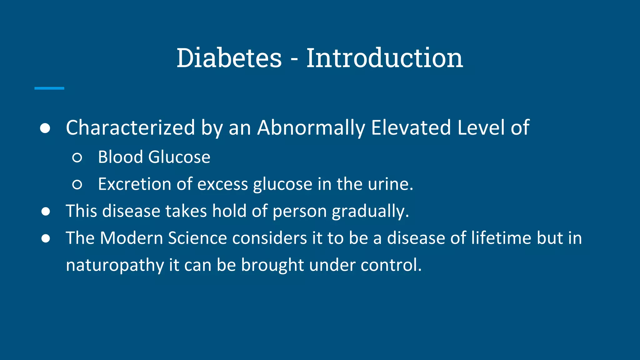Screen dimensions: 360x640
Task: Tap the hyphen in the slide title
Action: coord(294,59)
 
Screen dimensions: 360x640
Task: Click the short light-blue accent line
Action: coord(49,88)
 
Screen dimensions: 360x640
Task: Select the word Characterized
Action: coord(130,128)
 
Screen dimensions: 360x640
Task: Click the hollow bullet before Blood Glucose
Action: coord(77,157)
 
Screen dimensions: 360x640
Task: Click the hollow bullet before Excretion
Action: coord(77,185)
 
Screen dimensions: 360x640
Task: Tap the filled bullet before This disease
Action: coord(46,212)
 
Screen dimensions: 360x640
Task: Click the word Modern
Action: coord(131,238)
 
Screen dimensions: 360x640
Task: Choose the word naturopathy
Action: coord(115,265)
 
